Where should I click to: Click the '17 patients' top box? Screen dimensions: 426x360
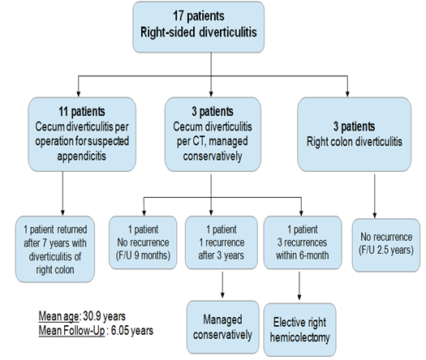(x=198, y=27)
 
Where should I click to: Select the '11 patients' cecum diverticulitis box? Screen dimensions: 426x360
(x=82, y=134)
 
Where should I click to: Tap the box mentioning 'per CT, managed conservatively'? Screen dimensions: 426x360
(x=213, y=134)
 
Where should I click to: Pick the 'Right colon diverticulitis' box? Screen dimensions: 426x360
(x=355, y=134)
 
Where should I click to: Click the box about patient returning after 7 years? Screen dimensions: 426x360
(x=55, y=249)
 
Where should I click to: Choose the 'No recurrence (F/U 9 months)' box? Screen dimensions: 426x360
(x=143, y=242)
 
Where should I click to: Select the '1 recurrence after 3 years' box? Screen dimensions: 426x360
(x=222, y=242)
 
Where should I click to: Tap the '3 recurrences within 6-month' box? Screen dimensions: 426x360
(x=303, y=242)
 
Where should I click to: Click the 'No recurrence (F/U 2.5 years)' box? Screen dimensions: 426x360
(x=386, y=245)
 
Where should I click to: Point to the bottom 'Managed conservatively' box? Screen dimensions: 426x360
(x=223, y=327)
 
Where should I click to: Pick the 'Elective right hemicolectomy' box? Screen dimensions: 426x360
(x=300, y=329)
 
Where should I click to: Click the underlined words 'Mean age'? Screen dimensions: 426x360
(x=58, y=316)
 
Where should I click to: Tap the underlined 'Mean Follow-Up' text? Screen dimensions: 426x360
(x=71, y=331)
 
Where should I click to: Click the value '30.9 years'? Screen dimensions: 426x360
(x=105, y=316)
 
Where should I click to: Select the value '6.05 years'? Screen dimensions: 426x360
(x=132, y=331)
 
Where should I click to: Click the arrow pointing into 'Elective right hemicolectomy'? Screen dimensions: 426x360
(x=299, y=285)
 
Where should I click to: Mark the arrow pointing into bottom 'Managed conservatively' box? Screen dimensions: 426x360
(x=223, y=285)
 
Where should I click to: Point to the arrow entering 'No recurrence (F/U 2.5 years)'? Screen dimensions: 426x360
(x=375, y=196)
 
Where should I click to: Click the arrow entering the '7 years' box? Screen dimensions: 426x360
(x=62, y=193)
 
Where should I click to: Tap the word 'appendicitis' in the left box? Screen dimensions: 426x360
(x=81, y=156)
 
